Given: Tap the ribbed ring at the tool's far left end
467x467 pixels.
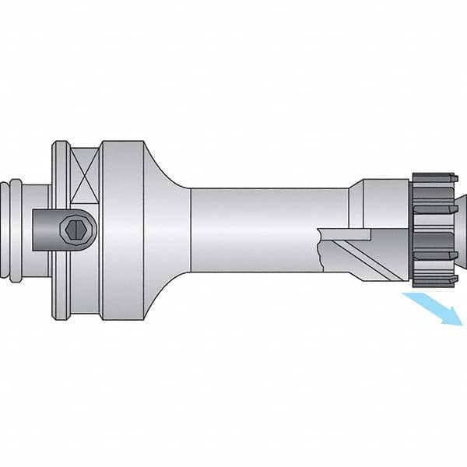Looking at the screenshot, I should (x=16, y=230).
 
